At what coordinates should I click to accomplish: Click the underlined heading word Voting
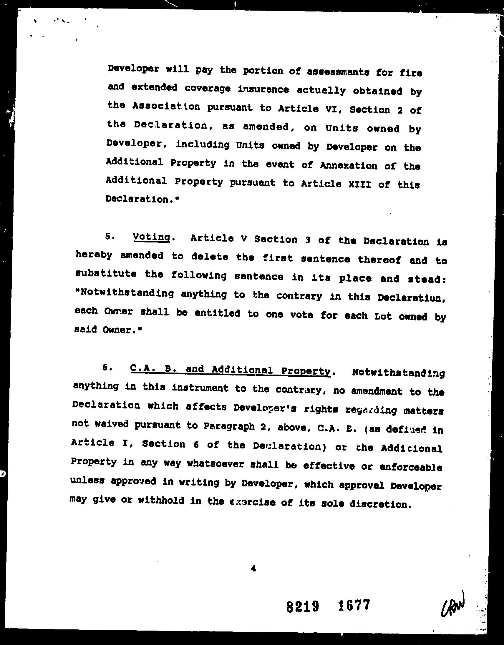(x=152, y=237)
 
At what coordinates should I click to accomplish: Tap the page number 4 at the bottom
(x=253, y=568)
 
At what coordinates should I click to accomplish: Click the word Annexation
(x=349, y=166)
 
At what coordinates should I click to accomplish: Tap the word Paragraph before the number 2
(x=229, y=426)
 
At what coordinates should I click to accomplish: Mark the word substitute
(x=106, y=273)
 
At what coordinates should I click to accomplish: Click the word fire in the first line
(x=411, y=73)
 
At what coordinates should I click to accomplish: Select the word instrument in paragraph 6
(x=200, y=388)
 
